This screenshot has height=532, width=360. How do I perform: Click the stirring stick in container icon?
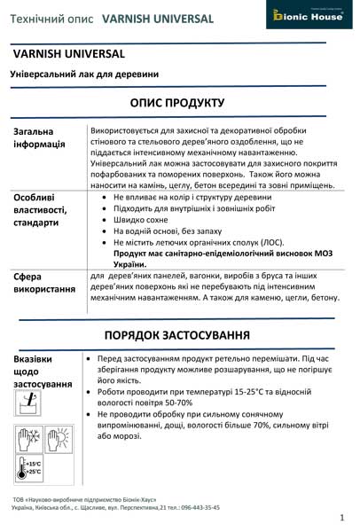pyautogui.click(x=29, y=402)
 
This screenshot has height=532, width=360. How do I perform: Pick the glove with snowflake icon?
pyautogui.click(x=28, y=440)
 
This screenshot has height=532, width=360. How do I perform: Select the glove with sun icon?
pyautogui.click(x=56, y=440)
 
